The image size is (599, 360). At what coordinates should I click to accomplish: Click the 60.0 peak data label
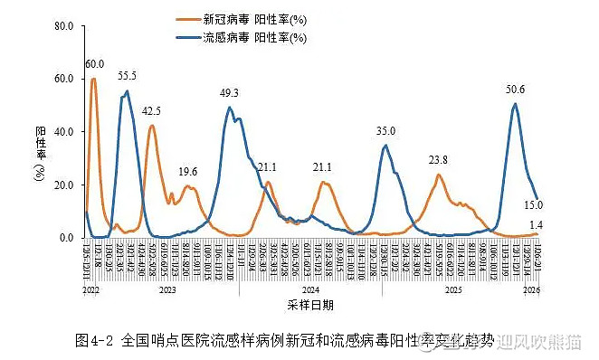point(95,64)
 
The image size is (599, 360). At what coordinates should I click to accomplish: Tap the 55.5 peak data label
point(127,75)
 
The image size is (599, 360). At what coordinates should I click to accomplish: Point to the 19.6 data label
point(188,171)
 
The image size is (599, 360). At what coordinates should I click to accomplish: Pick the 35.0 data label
point(386,131)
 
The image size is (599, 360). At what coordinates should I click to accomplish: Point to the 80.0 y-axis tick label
point(63,26)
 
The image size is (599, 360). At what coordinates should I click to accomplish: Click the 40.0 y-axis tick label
point(63,132)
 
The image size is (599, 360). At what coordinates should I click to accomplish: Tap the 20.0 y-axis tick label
point(63,185)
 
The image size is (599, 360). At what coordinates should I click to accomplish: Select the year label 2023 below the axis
point(167,291)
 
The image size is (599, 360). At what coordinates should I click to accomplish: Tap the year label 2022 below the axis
point(90,291)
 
